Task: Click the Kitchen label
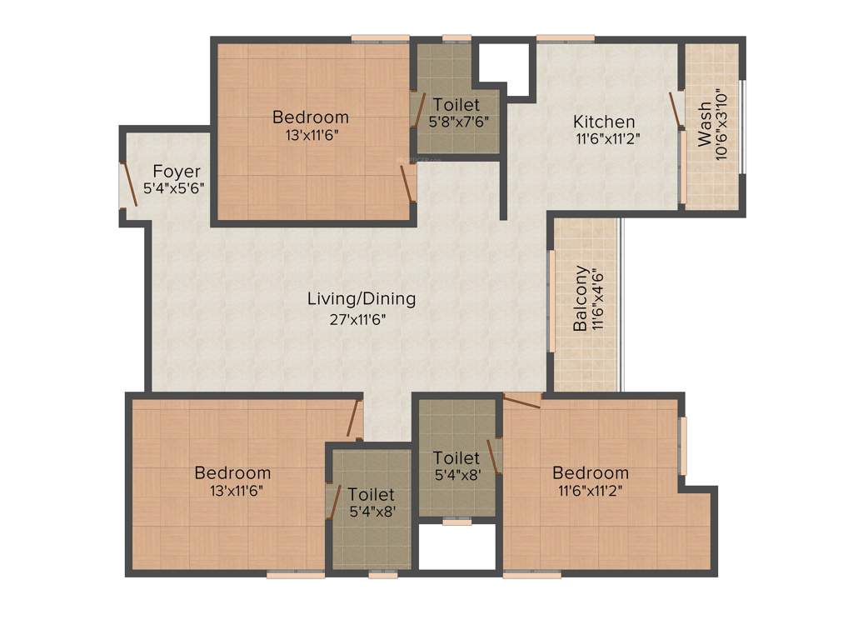pyautogui.click(x=604, y=122)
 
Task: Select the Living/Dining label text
pyautogui.click(x=362, y=298)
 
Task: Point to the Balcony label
pyautogui.click(x=581, y=298)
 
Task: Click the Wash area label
pyautogui.click(x=705, y=124)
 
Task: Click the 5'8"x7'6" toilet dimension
pyautogui.click(x=457, y=121)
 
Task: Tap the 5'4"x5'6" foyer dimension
pyautogui.click(x=174, y=188)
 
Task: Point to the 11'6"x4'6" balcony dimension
pyautogui.click(x=597, y=298)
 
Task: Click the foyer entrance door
pyautogui.click(x=130, y=183)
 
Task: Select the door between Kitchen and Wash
pyautogui.click(x=676, y=111)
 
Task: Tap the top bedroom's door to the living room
pyautogui.click(x=407, y=183)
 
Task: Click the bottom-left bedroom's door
pyautogui.click(x=355, y=417)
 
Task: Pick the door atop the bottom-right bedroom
pyautogui.click(x=521, y=401)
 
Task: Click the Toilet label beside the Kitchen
pyautogui.click(x=456, y=105)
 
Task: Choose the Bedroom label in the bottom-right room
pyautogui.click(x=591, y=473)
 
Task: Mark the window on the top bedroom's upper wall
pyautogui.click(x=380, y=37)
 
